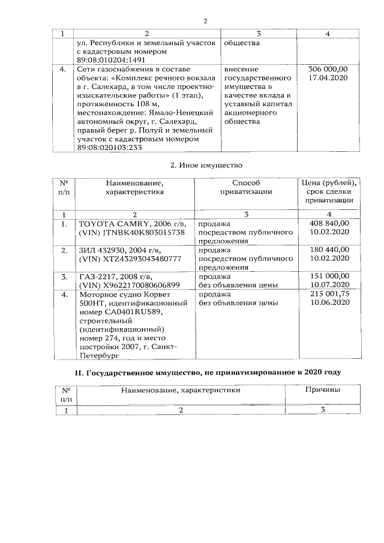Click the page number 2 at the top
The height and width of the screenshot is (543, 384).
(205, 22)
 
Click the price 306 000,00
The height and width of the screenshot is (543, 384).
(327, 70)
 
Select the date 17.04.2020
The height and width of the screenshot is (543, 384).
(327, 78)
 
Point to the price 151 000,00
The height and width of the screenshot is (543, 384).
(328, 276)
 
